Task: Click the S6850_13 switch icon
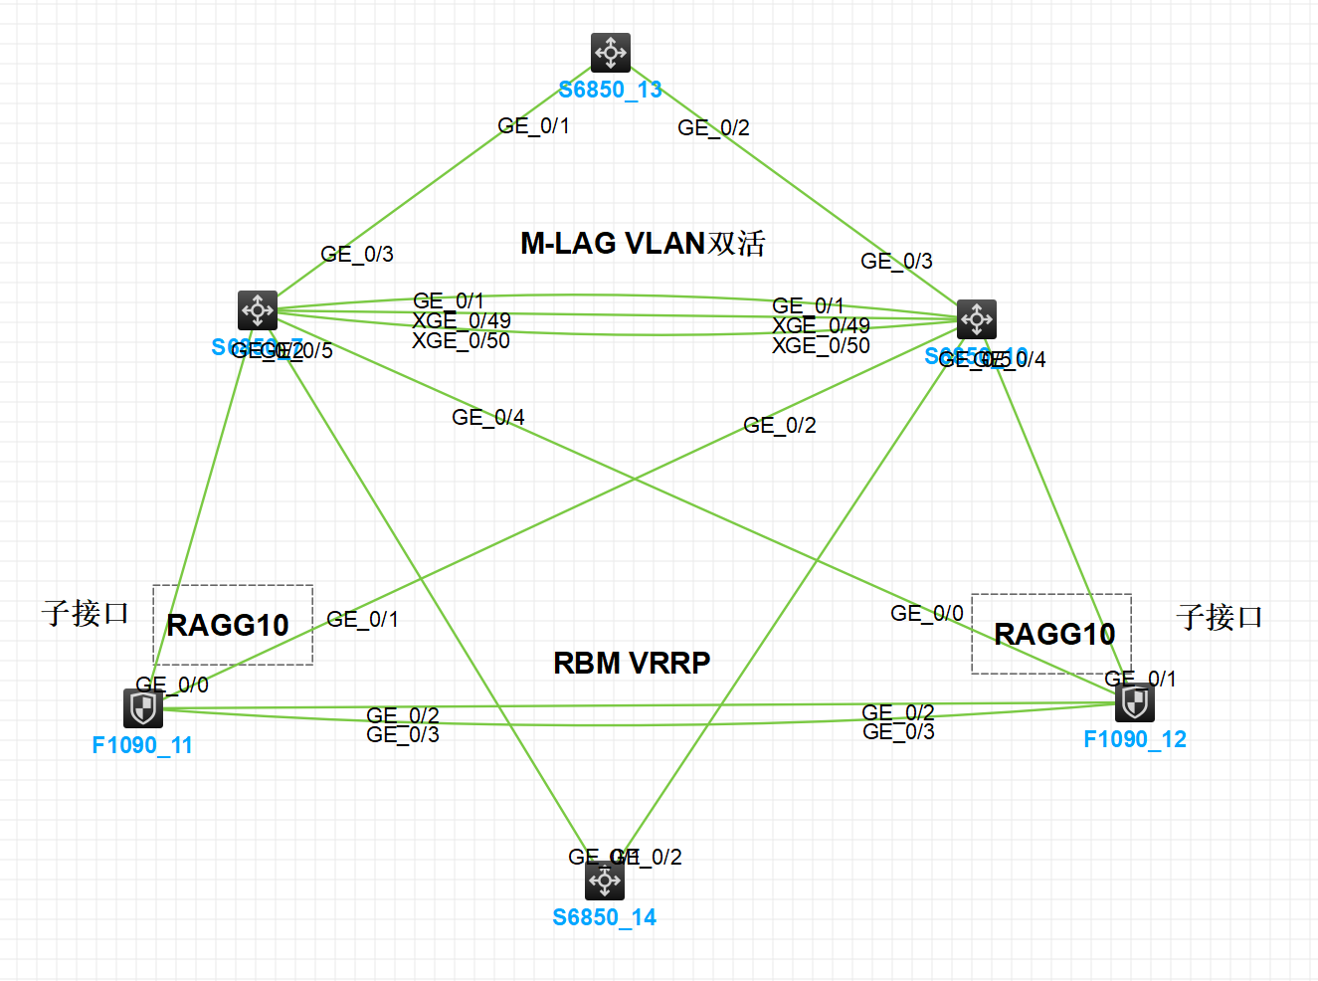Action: [x=610, y=53]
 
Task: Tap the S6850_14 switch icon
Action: [x=605, y=881]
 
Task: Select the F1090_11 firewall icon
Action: [x=143, y=708]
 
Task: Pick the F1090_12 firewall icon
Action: [x=1135, y=702]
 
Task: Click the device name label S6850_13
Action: [x=610, y=90]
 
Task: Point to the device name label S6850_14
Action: [x=604, y=917]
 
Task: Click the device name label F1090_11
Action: [x=142, y=745]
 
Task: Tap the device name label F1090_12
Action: [x=1135, y=739]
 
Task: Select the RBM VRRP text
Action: [x=632, y=663]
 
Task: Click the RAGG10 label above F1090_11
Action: [x=228, y=625]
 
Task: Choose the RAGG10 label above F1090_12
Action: [x=1054, y=634]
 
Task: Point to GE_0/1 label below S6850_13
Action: [x=533, y=126]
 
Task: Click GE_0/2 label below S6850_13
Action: [x=713, y=128]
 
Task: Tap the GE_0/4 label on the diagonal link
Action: [x=487, y=418]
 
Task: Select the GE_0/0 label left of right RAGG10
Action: [x=926, y=614]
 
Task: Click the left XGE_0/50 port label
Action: [x=461, y=341]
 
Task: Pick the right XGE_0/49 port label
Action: [x=821, y=325]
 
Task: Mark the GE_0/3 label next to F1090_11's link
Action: [x=402, y=735]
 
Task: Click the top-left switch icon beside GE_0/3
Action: [x=258, y=310]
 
